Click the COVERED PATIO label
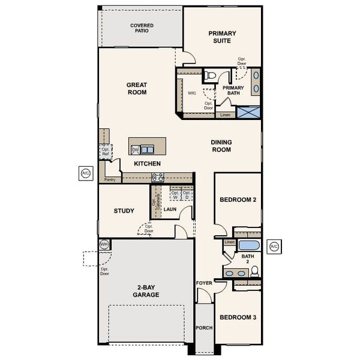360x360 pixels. pyautogui.click(x=142, y=28)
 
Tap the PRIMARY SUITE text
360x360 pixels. pyautogui.click(x=222, y=37)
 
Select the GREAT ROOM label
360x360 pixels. pyautogui.click(x=137, y=89)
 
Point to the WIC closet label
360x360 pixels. pyautogui.click(x=192, y=94)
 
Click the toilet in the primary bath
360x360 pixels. pyautogui.click(x=210, y=76)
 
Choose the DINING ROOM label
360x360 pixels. pyautogui.click(x=221, y=146)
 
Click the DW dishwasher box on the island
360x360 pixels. pyautogui.click(x=135, y=150)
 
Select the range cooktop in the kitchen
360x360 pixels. pyautogui.click(x=158, y=177)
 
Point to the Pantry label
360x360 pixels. pyautogui.click(x=109, y=179)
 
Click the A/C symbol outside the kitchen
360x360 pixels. pyautogui.click(x=85, y=174)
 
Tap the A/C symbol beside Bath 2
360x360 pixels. pyautogui.click(x=274, y=246)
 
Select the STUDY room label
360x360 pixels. pyautogui.click(x=124, y=211)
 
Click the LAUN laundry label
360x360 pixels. pyautogui.click(x=170, y=209)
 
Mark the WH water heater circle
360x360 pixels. pyautogui.click(x=104, y=244)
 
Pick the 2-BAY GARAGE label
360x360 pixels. pyautogui.click(x=146, y=291)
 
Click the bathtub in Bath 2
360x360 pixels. pyautogui.click(x=248, y=245)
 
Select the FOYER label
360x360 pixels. pyautogui.click(x=204, y=282)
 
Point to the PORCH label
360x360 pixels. pyautogui.click(x=204, y=328)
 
